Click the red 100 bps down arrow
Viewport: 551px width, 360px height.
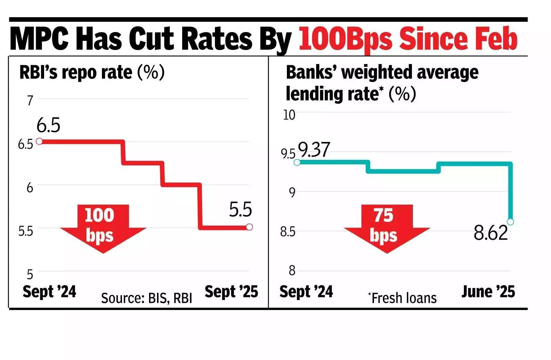coord(103,227)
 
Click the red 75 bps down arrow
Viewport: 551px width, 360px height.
coord(386,227)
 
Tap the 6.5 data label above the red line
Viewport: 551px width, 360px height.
coord(48,125)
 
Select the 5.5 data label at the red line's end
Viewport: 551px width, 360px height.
coord(240,209)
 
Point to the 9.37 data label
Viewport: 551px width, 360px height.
coord(314,150)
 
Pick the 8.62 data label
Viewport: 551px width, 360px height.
coord(490,233)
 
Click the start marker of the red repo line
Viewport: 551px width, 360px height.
coord(39,141)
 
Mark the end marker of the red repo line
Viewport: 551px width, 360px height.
coord(249,227)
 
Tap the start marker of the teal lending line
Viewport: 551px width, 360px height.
coord(297,162)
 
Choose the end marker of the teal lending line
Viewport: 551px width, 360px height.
coord(510,222)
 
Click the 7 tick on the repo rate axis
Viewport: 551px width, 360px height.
coord(30,101)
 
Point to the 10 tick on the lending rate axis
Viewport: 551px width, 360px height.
coord(289,115)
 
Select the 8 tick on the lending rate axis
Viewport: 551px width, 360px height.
coord(292,271)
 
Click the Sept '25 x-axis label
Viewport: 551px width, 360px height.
coord(231,292)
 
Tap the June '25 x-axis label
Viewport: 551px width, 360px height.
coord(488,292)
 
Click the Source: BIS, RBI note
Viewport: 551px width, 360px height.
coord(146,298)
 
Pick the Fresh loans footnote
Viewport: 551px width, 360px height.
coord(402,298)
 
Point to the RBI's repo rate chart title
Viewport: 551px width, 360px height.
coord(92,73)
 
